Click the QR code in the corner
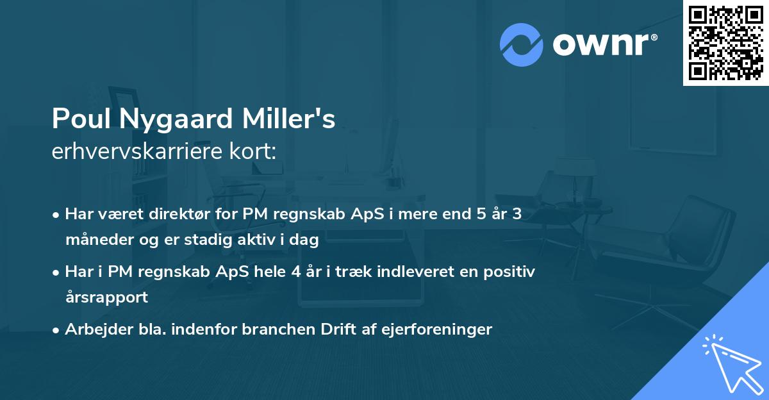coord(725,43)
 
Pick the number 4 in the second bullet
coord(295,271)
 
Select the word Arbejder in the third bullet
coord(93,329)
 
